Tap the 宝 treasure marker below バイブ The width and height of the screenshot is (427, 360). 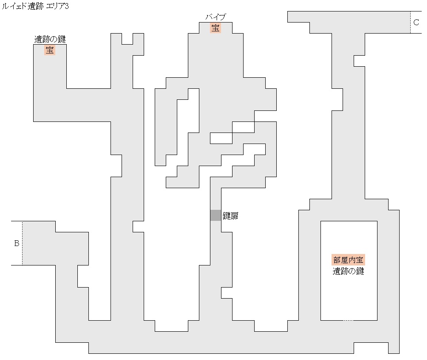coord(215,28)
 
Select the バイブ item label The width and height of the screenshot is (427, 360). coord(215,17)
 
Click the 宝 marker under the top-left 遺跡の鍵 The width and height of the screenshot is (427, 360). coord(50,50)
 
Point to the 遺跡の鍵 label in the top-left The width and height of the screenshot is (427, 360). coord(50,39)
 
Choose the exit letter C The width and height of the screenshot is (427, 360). coord(416,23)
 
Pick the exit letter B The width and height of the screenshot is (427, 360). coord(17,243)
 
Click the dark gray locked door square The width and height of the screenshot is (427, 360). coord(215,215)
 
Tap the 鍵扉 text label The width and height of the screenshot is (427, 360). coord(230,216)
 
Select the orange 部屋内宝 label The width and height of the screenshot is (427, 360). coord(349,260)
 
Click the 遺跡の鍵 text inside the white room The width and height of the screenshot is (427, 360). coord(349,271)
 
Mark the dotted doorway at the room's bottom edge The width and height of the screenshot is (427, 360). coord(348,320)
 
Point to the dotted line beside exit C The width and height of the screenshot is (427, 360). coord(410,22)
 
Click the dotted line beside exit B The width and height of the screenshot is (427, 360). coord(22,243)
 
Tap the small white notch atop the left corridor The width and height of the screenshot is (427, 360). coord(127,38)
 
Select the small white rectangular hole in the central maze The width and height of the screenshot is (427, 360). coord(221,138)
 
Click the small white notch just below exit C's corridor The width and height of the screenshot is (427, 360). coord(359,61)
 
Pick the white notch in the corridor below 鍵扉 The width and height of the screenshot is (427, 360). coord(226,292)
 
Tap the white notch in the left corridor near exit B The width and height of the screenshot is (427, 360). coord(83,276)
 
